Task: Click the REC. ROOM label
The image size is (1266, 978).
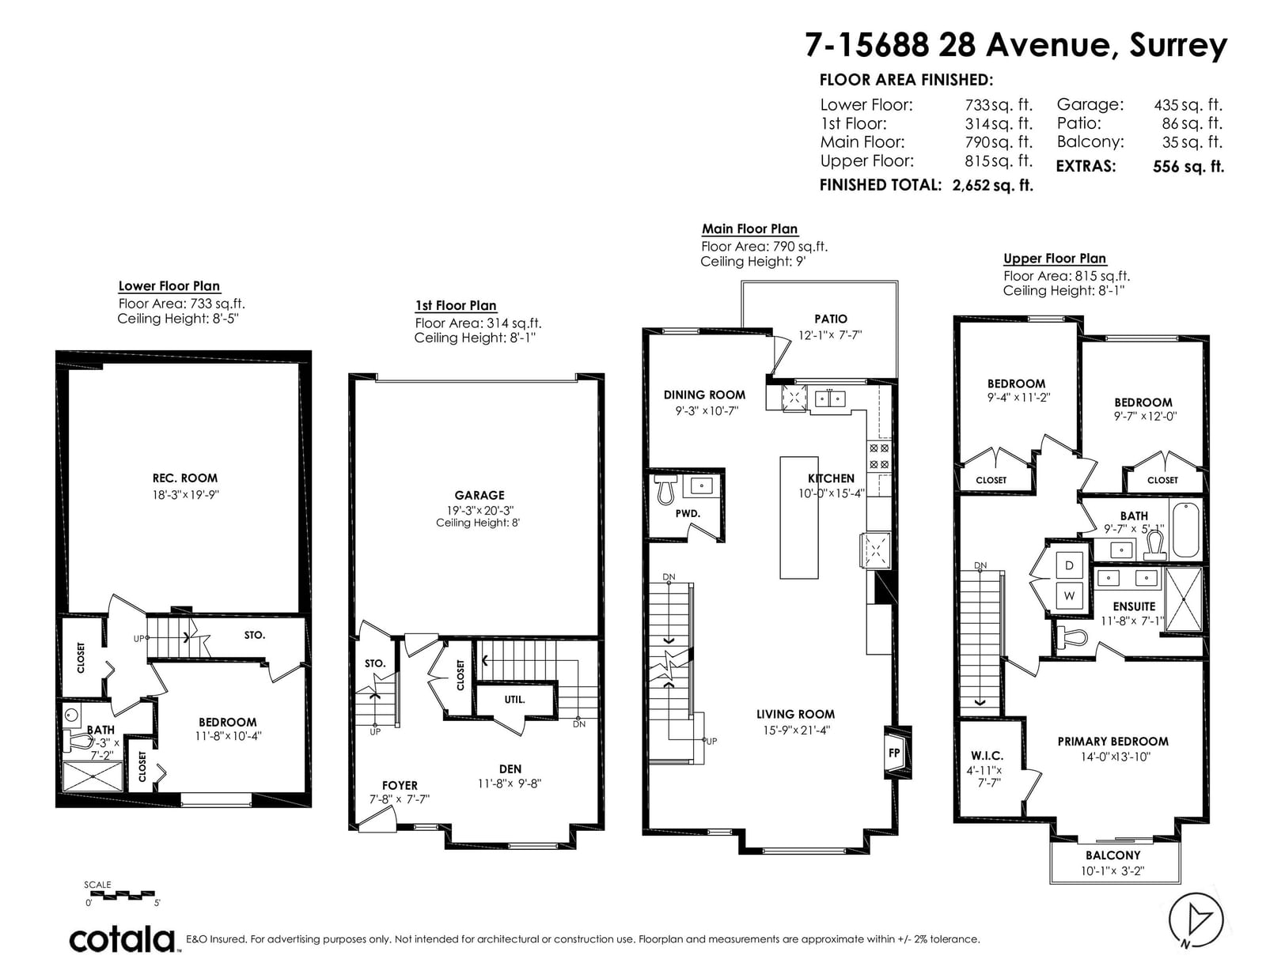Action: [184, 478]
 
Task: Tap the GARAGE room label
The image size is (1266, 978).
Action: [479, 495]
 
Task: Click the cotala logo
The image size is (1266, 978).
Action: [123, 939]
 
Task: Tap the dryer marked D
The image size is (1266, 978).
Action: [1069, 565]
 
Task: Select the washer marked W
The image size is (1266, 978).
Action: [1069, 595]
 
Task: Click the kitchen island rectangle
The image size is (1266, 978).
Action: [798, 518]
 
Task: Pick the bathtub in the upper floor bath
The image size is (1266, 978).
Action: [1185, 530]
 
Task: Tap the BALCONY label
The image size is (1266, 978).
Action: [1112, 855]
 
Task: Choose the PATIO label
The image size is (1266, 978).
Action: [831, 319]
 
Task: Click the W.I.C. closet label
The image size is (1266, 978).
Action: [987, 756]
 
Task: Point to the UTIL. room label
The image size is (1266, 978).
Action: [514, 699]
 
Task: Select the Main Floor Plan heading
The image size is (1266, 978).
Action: [749, 228]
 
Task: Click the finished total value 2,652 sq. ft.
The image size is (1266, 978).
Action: [993, 185]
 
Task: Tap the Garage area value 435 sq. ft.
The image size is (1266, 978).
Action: [1188, 105]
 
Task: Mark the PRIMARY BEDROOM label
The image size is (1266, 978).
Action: [1112, 741]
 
